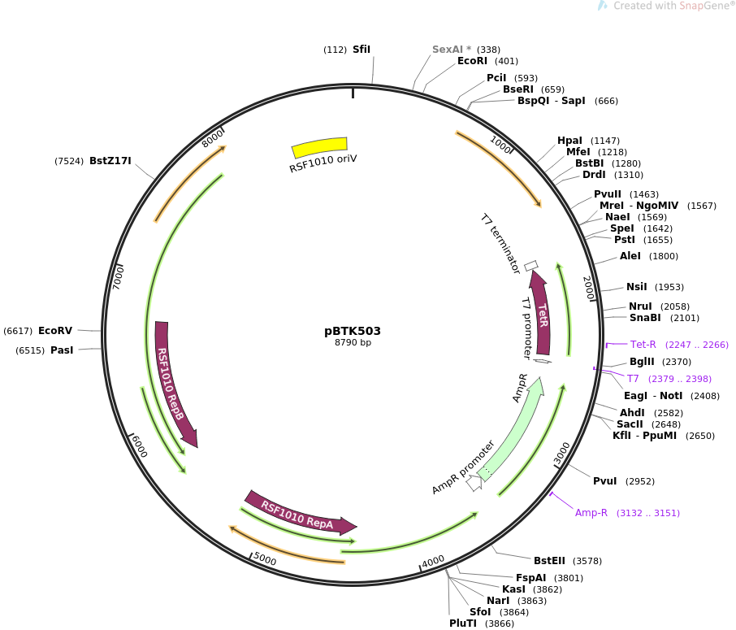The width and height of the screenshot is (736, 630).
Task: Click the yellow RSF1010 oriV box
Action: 319,147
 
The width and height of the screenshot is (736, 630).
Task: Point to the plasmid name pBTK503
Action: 353,331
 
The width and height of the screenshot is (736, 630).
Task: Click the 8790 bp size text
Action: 353,342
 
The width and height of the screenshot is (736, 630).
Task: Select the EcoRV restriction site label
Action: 55,331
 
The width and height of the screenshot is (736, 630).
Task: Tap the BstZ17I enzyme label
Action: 110,161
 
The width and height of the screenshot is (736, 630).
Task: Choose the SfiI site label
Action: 362,50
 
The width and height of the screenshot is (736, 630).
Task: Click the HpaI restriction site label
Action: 569,141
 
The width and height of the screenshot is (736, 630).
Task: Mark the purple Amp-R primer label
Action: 591,513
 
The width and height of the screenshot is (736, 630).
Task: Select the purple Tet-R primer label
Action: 643,345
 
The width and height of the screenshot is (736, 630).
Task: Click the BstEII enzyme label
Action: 549,561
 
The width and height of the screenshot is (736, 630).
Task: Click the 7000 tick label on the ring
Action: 119,277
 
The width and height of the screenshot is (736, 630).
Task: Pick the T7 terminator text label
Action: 500,244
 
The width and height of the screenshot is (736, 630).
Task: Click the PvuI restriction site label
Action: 605,481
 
